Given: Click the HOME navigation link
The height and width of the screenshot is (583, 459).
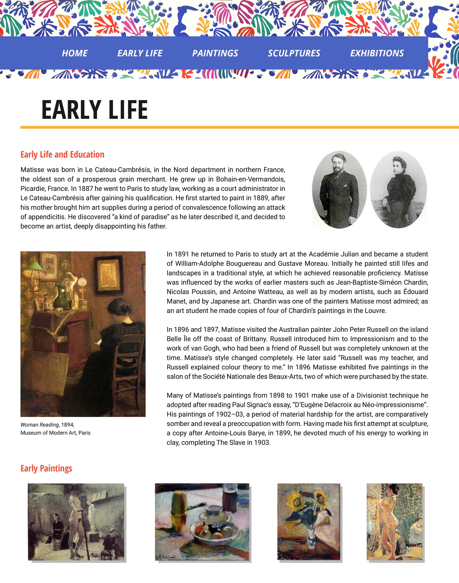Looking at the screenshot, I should click(x=75, y=53).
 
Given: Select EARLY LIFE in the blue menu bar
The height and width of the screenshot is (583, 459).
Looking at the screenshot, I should click(x=140, y=53).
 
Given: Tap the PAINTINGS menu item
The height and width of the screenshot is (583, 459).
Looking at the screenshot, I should click(x=215, y=53).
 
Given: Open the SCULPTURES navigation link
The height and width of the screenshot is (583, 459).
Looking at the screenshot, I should click(x=294, y=53).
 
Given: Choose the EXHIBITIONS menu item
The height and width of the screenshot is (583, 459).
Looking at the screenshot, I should click(x=377, y=53).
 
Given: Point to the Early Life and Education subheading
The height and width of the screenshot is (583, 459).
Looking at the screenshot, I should click(x=62, y=155).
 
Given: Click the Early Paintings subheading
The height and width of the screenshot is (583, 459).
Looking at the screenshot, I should click(x=46, y=469).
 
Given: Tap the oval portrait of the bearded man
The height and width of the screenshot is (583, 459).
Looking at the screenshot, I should click(x=339, y=190).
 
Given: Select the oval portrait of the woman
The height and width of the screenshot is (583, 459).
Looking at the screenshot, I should click(x=398, y=190).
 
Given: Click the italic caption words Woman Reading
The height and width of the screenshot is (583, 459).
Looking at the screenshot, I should click(x=40, y=425).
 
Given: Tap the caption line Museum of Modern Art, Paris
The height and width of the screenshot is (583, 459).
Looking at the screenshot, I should click(x=55, y=433).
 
